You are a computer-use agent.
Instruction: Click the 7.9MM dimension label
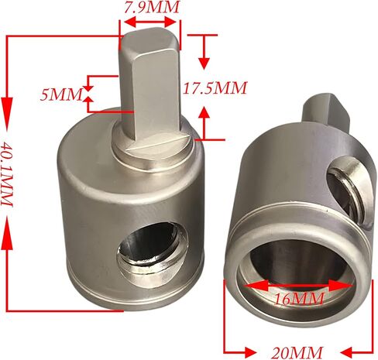[152, 7]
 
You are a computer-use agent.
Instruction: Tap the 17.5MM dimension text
[215, 87]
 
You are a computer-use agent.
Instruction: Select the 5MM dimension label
[61, 94]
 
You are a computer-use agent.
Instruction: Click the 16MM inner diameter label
[299, 299]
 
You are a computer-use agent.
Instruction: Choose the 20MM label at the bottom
[297, 352]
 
